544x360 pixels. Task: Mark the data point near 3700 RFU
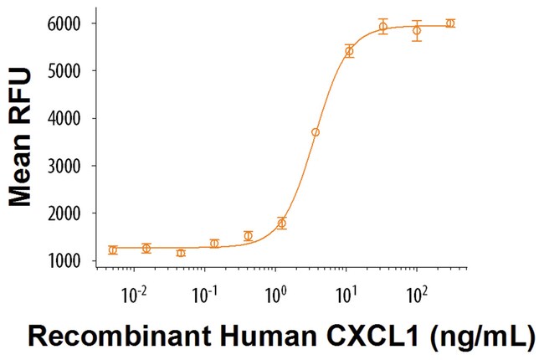point(316,132)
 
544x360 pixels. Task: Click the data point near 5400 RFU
point(349,51)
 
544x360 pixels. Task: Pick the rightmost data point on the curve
point(450,23)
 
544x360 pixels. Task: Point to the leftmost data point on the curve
point(113,249)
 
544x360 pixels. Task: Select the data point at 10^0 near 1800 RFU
point(281,224)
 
